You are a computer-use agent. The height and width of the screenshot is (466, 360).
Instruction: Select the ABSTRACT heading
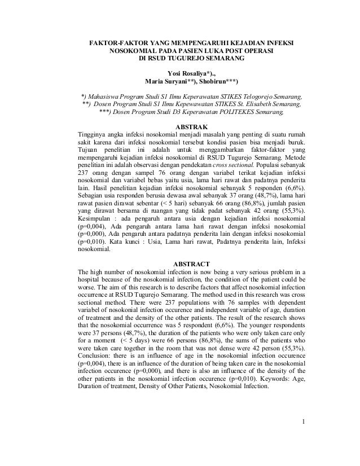[x=192, y=264]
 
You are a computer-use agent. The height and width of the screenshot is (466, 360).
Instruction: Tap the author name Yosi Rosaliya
[x=189, y=72]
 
